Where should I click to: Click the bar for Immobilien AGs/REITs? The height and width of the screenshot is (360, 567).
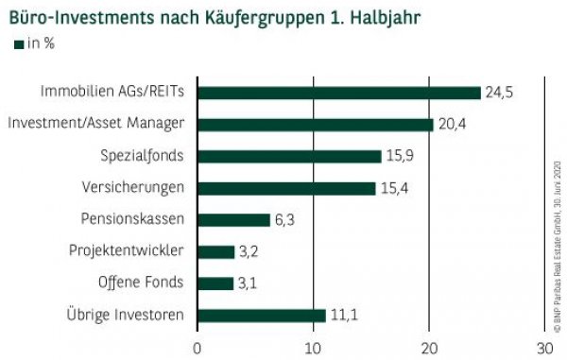pos(339,93)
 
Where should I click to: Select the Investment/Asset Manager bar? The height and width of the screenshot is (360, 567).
pos(316,124)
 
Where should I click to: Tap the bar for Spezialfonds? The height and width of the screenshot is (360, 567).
pos(289,156)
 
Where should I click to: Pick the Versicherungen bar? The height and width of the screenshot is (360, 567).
pos(286,188)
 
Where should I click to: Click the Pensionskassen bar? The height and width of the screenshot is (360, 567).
pos(233,220)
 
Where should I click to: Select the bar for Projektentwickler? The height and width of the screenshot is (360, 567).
pos(215,251)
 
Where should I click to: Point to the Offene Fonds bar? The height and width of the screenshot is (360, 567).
pos(215,283)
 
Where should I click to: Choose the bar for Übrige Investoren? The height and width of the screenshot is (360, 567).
pos(262,316)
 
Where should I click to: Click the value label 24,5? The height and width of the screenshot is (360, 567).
pos(498,93)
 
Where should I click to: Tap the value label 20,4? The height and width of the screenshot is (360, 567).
pos(451,124)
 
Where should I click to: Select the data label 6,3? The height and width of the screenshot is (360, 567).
pos(284,220)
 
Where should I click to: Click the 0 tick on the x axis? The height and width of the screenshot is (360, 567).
pos(198,346)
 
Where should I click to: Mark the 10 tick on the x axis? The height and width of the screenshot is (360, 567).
pos(313,346)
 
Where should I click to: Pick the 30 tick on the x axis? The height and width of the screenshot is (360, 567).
pos(544,346)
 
